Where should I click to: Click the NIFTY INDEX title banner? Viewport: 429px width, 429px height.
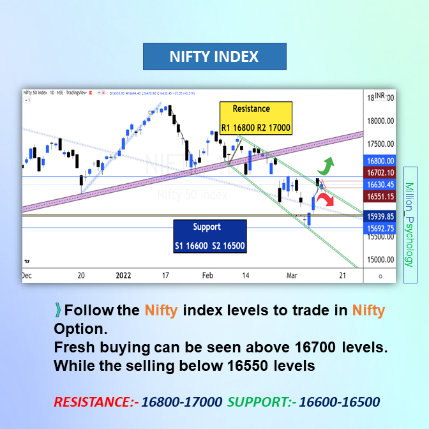pos(214,57)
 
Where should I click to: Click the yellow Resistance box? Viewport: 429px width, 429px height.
pos(255,118)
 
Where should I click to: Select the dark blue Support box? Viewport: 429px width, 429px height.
pos(210,236)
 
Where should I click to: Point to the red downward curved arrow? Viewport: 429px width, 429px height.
pos(329,200)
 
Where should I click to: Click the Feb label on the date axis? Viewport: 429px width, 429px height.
pos(207,275)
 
